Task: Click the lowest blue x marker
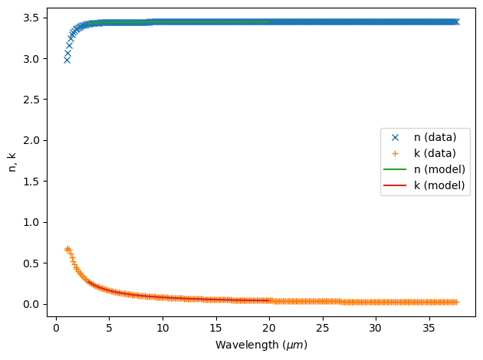click(x=67, y=59)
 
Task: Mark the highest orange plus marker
click(x=67, y=248)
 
